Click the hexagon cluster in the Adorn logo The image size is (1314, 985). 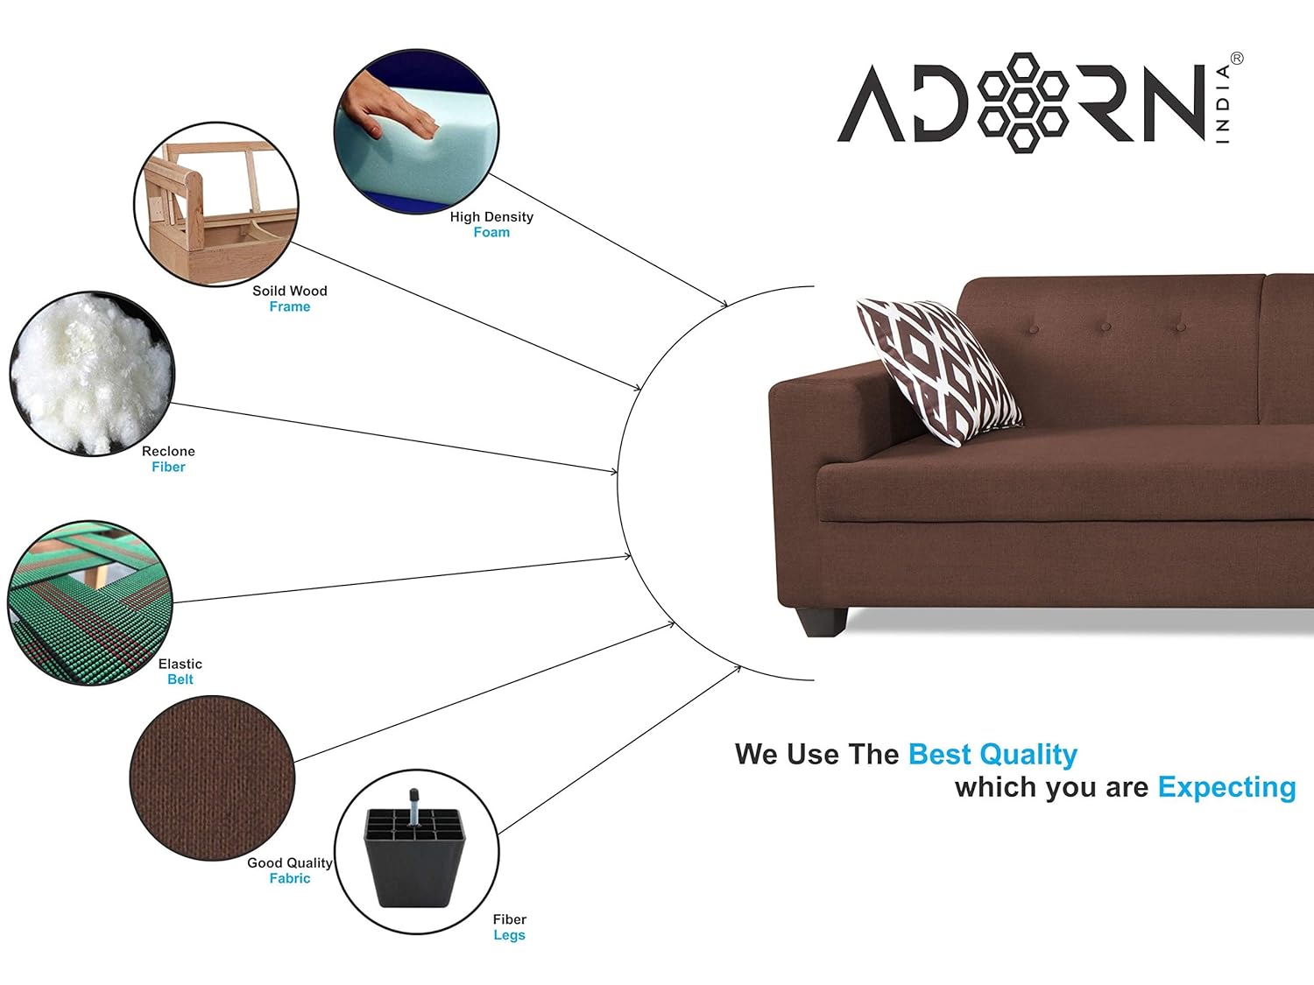1022,102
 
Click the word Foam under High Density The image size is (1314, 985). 491,232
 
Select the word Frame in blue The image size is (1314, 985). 290,306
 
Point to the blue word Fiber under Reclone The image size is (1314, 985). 168,467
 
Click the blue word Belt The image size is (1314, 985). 180,679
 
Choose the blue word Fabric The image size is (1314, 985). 290,878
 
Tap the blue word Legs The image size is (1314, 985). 510,935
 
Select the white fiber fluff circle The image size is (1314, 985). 92,374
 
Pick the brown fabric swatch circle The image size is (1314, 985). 212,778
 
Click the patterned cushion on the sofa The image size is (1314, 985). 939,370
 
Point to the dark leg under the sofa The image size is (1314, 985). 822,622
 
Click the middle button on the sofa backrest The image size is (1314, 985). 1106,327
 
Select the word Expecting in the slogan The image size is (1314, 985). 1226,788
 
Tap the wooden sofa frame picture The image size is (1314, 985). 216,205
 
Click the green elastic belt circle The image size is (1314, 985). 90,603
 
